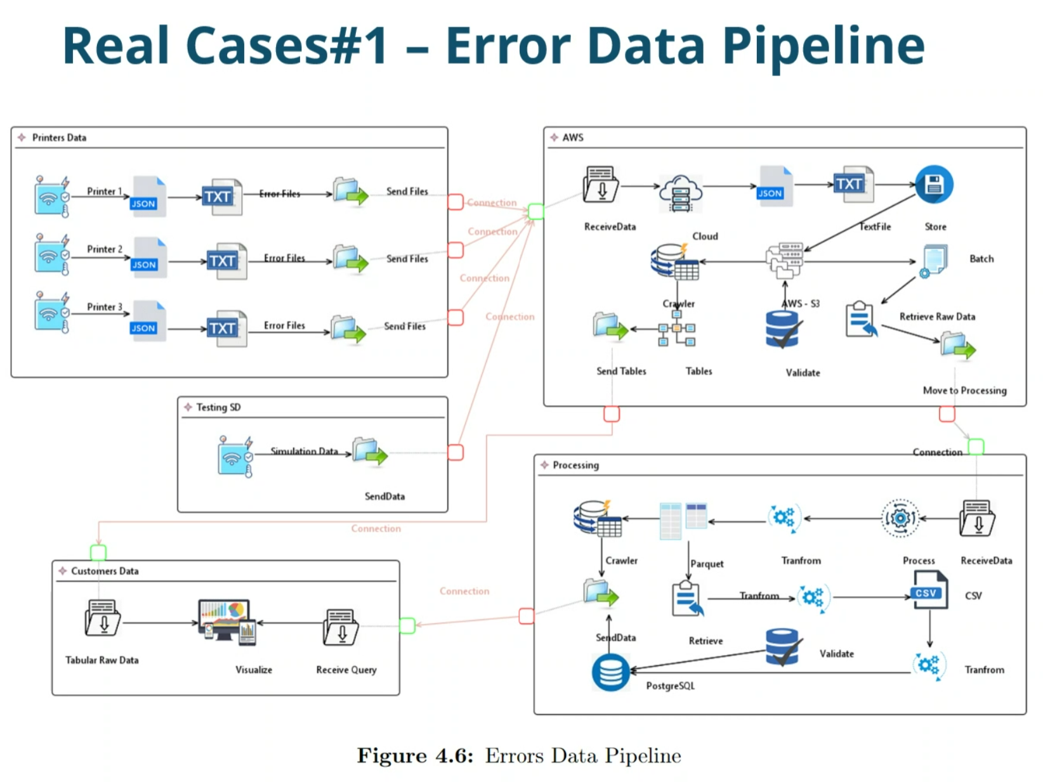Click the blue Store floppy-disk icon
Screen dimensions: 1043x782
933,184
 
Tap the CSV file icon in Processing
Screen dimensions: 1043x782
929,590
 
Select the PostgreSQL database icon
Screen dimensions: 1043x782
610,672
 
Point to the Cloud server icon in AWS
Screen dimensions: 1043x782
680,193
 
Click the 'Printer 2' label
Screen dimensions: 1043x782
105,249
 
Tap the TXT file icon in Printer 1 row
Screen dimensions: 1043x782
223,197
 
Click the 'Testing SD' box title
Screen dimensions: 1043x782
218,407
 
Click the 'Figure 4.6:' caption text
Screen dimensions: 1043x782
415,755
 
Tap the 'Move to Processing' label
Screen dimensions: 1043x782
964,390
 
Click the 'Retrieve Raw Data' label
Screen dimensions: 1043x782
936,316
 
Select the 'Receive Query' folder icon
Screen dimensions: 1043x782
340,627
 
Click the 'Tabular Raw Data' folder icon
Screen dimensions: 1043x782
103,617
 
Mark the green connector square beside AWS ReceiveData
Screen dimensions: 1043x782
535,211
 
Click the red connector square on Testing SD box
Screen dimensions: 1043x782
455,452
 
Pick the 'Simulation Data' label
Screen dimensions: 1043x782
304,450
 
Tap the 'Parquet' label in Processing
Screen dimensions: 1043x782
706,564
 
